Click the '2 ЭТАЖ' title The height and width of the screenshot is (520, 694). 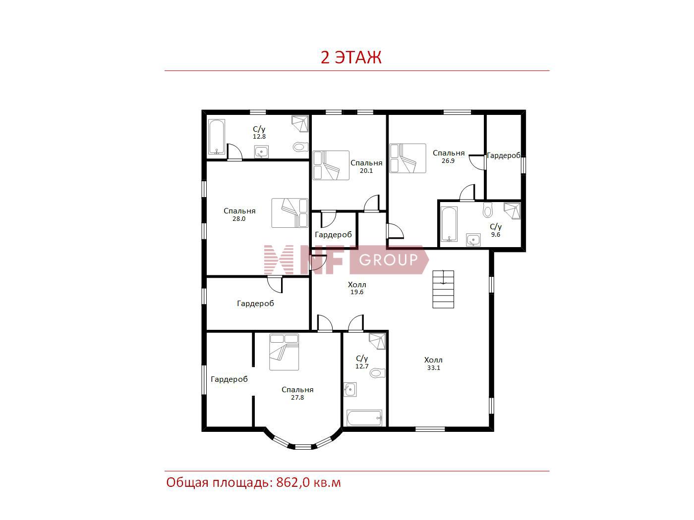point(351,57)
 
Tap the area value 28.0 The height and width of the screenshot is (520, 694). point(239,219)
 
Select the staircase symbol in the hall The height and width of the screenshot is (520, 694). point(443,289)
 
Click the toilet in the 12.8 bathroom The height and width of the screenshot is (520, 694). point(300,147)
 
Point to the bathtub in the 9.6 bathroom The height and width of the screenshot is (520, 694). point(449,224)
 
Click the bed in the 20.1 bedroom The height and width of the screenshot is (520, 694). point(331,165)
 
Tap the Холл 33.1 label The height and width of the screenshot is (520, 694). point(433,364)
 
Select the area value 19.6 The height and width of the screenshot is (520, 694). point(356,292)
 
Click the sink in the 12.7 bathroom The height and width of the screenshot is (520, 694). point(350,390)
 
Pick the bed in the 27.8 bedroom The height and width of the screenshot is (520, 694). point(284,352)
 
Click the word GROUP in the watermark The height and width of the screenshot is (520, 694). point(389,260)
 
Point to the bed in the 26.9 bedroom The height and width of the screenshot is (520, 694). point(407,158)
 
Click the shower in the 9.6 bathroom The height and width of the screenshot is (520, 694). point(512,211)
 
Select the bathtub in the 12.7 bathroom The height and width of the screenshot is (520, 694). point(364,417)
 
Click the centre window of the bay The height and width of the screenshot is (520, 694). point(302,447)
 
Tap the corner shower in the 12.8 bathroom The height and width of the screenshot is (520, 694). point(300,124)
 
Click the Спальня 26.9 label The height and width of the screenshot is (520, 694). point(448,156)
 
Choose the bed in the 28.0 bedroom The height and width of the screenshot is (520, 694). point(289,213)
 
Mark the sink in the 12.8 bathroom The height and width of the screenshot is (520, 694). point(261,152)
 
